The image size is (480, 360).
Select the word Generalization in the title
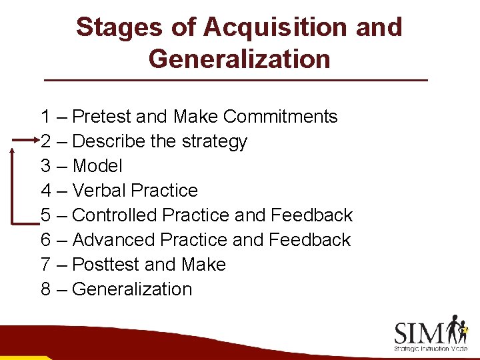point(239,59)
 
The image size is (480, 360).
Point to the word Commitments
point(281,117)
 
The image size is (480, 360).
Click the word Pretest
point(101,117)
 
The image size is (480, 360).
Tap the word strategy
point(217,142)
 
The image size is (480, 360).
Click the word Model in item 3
point(97,166)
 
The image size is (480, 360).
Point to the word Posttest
point(106,265)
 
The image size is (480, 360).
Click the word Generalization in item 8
point(132,289)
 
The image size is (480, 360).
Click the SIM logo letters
point(419,331)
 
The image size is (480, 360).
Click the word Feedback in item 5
point(312,215)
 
